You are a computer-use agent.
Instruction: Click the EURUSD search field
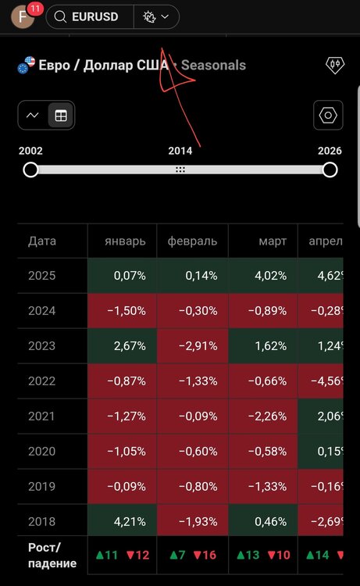tap(90, 17)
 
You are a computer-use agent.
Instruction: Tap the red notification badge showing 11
tap(35, 9)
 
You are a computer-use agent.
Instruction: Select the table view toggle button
tap(61, 116)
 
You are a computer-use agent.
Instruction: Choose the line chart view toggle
tap(33, 116)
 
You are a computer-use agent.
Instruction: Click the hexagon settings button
tap(328, 115)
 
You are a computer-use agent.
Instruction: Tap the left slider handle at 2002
tap(30, 170)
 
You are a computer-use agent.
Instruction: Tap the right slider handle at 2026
tap(330, 170)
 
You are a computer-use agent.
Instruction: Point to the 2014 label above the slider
tap(180, 151)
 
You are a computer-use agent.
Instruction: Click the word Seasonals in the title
tap(213, 66)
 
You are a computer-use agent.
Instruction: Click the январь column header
tap(125, 241)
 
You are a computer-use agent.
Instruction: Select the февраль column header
tap(192, 241)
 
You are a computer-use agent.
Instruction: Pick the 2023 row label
tap(42, 345)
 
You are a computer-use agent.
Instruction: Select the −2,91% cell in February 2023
tap(193, 346)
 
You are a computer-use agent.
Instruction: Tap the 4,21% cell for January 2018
tap(122, 521)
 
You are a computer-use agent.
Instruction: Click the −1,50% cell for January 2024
tap(122, 311)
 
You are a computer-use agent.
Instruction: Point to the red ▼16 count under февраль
tap(205, 555)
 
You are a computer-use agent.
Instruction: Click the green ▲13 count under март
tap(248, 555)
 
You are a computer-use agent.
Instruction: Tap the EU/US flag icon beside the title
tap(26, 65)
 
